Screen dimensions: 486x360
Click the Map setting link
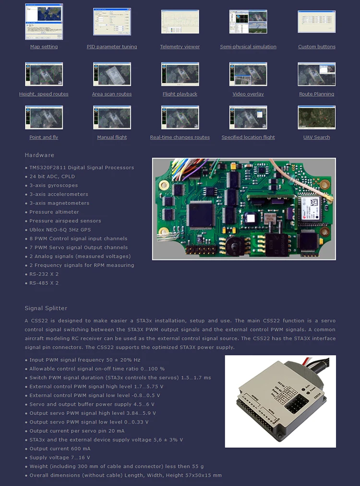coord(44,47)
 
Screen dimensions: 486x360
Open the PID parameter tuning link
coord(112,47)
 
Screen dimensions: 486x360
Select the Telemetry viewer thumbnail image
coord(180,22)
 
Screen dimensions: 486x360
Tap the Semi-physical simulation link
coord(248,47)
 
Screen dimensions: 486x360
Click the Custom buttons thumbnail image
coord(316,22)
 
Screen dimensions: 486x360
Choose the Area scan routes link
coord(112,95)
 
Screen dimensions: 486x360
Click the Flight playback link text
coord(180,95)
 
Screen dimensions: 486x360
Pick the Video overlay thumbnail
coord(248,74)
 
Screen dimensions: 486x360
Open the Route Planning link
coord(316,95)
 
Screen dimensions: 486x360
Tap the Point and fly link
coord(44,138)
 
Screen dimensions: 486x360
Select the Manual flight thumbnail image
coord(112,118)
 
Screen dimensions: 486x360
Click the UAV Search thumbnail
coord(316,118)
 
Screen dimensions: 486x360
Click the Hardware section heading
coord(39,155)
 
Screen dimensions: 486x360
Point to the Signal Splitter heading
coord(46,308)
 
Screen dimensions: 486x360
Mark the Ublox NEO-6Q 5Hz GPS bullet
coord(60,230)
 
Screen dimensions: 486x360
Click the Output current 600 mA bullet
coord(60,449)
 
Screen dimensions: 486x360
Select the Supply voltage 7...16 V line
coord(60,458)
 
